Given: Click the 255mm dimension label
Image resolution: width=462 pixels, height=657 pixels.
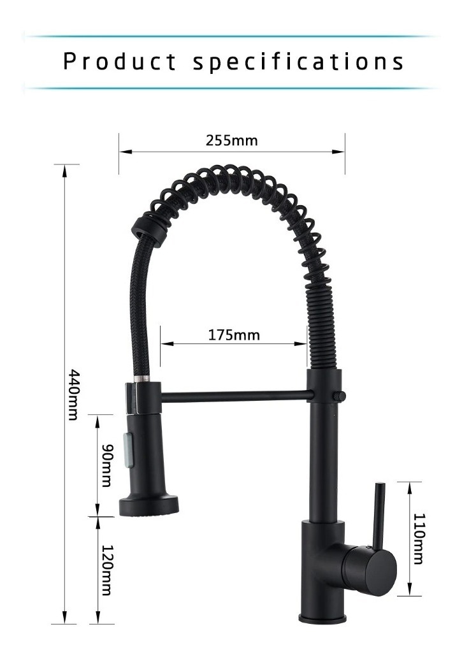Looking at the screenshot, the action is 231,140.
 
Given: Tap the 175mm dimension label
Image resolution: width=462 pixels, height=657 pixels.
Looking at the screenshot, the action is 234,335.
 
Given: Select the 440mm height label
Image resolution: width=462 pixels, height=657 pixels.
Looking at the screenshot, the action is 73,394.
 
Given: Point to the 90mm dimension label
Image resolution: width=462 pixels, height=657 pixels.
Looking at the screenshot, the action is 107,465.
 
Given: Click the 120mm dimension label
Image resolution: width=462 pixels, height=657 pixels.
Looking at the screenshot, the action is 107,570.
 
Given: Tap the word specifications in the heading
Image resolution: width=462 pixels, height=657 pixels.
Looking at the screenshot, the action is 298,62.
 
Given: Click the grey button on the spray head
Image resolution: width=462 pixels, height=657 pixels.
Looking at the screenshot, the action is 127,450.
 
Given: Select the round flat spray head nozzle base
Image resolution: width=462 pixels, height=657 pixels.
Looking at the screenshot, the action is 150,506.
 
